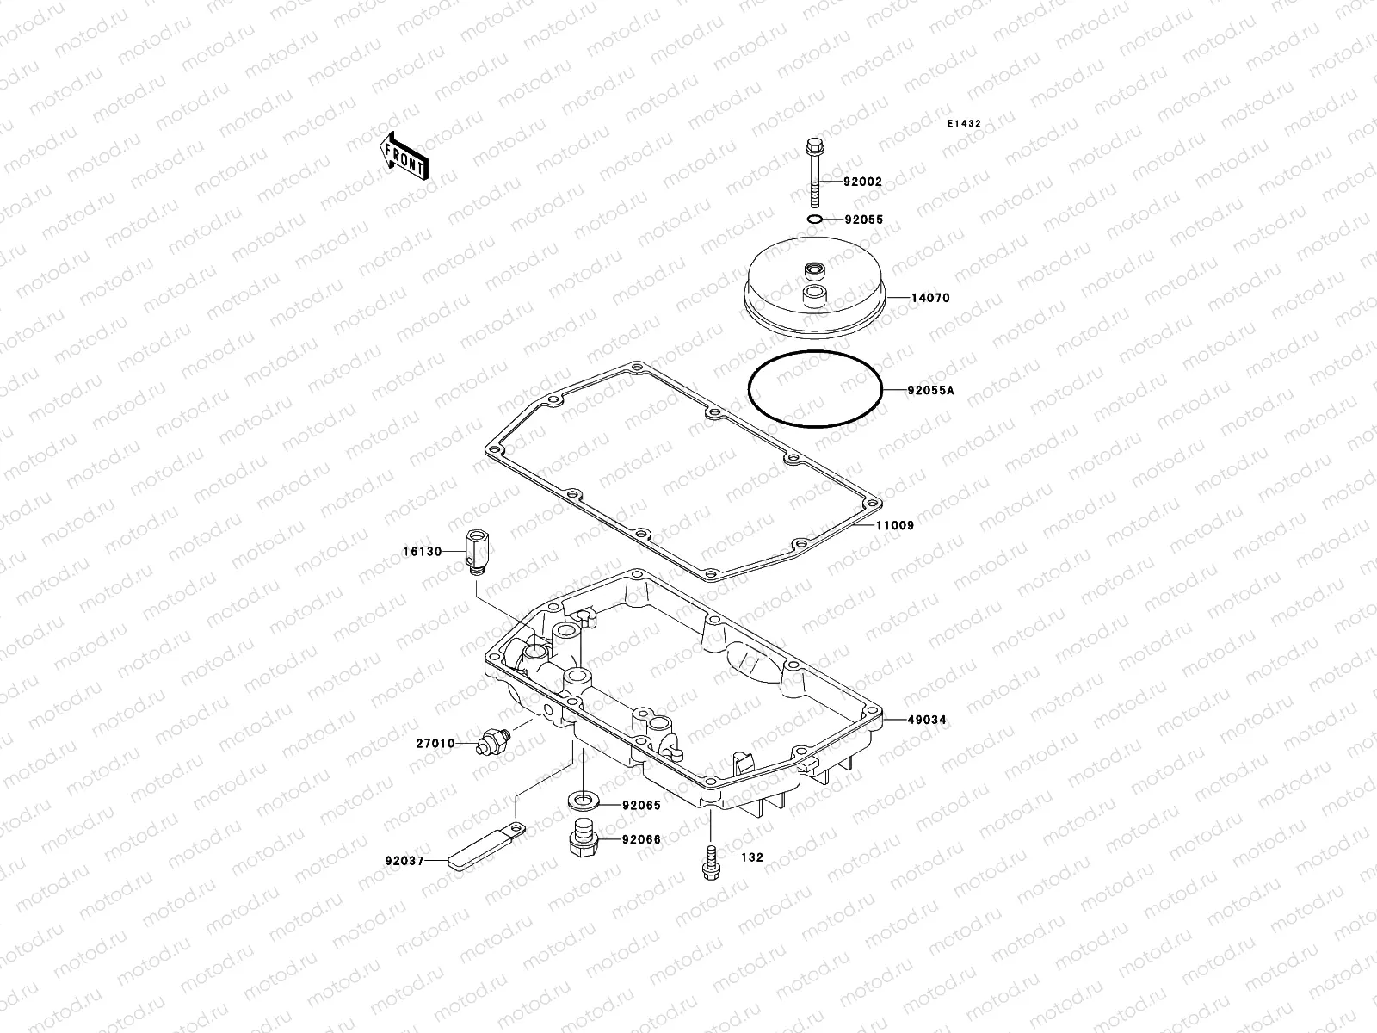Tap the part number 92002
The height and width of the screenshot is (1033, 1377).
[x=862, y=182]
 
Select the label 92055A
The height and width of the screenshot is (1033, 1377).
[x=930, y=390]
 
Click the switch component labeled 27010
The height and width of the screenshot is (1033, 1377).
[x=493, y=741]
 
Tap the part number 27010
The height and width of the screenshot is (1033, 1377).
[x=435, y=743]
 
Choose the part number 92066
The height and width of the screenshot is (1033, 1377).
[x=641, y=839]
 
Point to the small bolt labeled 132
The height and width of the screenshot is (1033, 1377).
[x=710, y=862]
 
